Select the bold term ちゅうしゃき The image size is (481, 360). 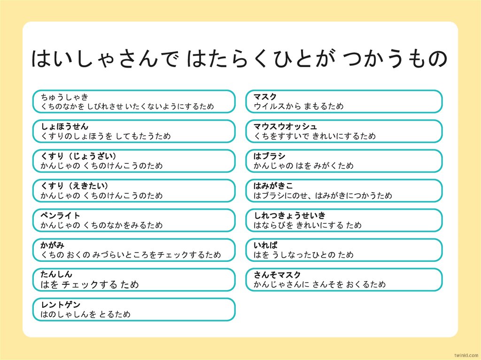64,97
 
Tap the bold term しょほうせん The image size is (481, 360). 64,127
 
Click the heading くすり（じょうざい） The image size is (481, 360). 78,156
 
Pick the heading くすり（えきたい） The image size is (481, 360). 75,186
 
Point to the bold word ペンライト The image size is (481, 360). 61,216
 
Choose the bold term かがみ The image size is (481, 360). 53,245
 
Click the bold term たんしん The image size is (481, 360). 56,275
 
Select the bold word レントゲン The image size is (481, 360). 61,305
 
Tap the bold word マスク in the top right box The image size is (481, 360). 265,97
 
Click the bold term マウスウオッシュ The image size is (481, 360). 285,127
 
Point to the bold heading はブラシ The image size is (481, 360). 269,156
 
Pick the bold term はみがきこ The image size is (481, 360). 273,186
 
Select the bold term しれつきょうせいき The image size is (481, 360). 289,216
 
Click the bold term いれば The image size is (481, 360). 265,245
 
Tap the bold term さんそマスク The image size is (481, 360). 277,275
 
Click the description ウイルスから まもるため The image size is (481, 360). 298,107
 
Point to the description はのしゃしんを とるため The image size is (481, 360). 85,314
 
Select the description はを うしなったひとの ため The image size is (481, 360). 303,255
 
